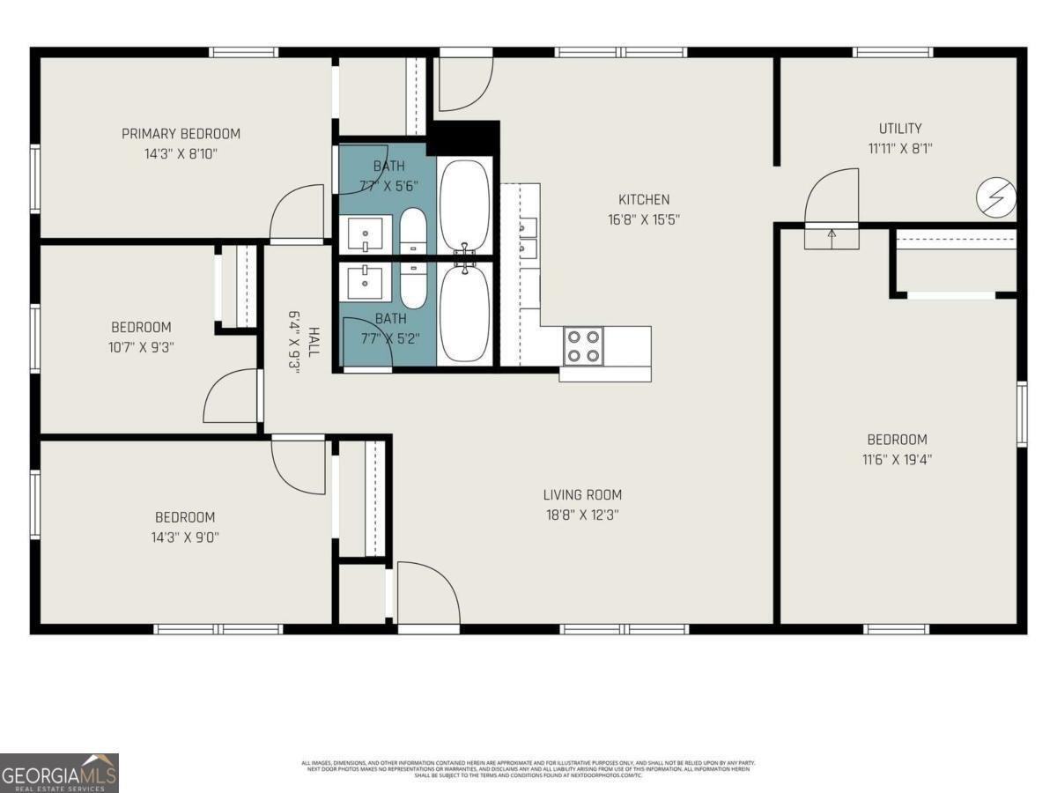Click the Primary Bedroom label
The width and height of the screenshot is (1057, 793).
[181, 134]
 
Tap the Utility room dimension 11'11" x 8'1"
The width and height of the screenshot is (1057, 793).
[900, 149]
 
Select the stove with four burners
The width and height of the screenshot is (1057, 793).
[583, 345]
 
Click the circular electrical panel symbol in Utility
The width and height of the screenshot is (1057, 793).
[996, 196]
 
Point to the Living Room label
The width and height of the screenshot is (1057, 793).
[582, 495]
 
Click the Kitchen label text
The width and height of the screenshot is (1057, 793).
[644, 200]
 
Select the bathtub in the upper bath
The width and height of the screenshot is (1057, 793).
[464, 204]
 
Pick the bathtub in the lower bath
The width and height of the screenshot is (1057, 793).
[464, 314]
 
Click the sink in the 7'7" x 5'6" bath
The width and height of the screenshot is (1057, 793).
[365, 234]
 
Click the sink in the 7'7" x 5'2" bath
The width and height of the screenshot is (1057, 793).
[365, 282]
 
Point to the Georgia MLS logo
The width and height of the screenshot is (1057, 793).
[59, 773]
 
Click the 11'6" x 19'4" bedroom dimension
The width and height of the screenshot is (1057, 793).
[897, 459]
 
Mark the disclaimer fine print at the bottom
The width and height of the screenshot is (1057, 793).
[528, 768]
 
